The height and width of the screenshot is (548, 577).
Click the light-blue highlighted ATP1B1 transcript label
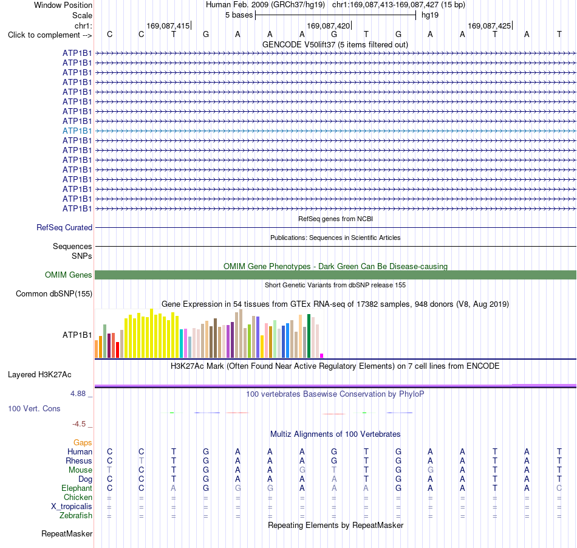tap(77, 131)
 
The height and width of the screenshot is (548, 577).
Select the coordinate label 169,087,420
tap(328, 26)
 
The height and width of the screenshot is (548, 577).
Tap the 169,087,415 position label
tap(168, 26)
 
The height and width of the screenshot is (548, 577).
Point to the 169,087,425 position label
tap(489, 26)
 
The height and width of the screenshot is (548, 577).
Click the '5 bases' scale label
tap(239, 15)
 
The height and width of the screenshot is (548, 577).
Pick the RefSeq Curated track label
tap(64, 227)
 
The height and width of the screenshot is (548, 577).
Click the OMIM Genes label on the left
tap(68, 275)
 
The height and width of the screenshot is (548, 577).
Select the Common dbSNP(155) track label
tap(53, 293)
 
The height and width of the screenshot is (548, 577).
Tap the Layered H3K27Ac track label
tap(39, 375)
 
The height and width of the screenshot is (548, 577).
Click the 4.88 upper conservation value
tap(78, 394)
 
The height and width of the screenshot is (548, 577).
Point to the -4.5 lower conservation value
tap(79, 424)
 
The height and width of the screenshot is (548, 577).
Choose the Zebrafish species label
tap(76, 515)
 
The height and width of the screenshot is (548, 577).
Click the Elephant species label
tap(77, 488)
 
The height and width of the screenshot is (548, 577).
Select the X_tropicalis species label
tap(72, 507)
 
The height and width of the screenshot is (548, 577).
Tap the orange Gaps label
tap(83, 442)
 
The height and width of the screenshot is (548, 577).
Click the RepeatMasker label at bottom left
tap(67, 533)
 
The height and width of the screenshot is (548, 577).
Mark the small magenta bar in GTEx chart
tap(322, 355)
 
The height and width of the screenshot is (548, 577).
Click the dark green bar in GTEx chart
tap(309, 336)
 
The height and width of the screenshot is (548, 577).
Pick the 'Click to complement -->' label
tap(50, 35)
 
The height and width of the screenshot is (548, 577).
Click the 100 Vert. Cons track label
tap(34, 408)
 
